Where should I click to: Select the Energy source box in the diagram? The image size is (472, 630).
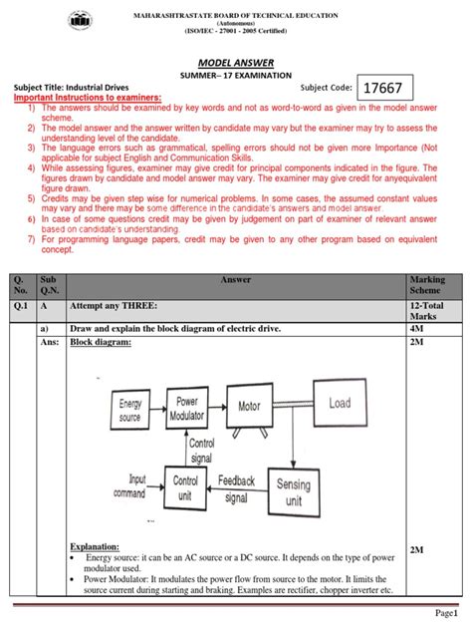[130, 410]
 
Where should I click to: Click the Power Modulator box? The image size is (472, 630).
[188, 408]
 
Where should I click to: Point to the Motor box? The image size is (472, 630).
[249, 407]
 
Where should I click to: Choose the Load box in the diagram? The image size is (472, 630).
[340, 404]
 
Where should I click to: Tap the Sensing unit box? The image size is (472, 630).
[294, 491]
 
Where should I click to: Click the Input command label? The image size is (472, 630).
[129, 486]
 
